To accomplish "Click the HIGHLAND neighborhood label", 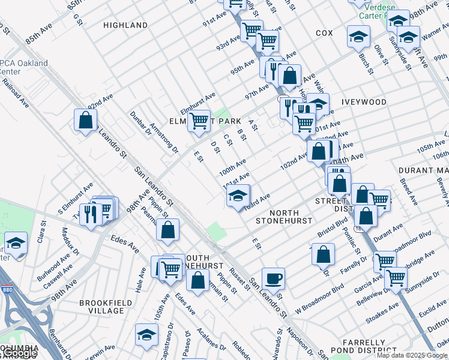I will pyautogui.click(x=125, y=25).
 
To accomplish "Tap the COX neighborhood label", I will pyautogui.click(x=324, y=33).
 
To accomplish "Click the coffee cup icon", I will pyautogui.click(x=273, y=278).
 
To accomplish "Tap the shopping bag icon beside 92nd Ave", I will pyautogui.click(x=86, y=119).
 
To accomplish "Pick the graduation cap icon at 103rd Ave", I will pyautogui.click(x=238, y=196).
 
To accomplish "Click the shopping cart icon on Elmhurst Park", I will pyautogui.click(x=199, y=121).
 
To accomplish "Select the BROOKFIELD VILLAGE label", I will pyautogui.click(x=101, y=307).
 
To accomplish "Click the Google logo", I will pyautogui.click(x=18, y=353).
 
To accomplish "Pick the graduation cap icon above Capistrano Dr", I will pyautogui.click(x=146, y=336).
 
